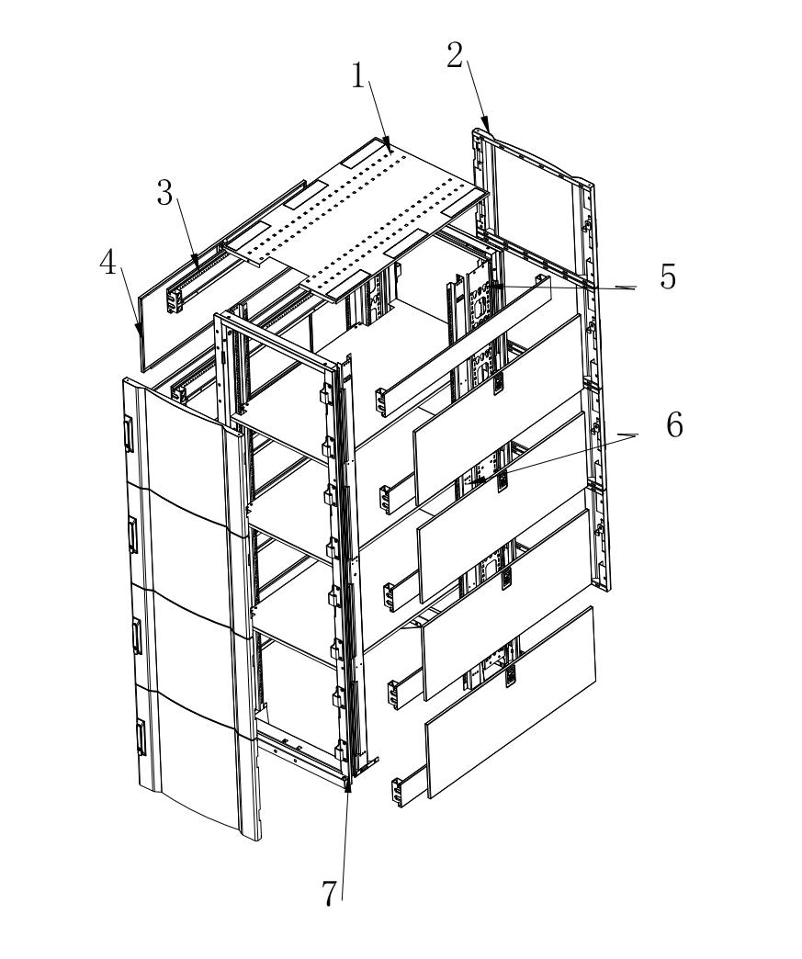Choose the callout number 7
(330, 892)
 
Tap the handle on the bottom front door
(141, 738)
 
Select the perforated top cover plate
(367, 220)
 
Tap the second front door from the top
(184, 542)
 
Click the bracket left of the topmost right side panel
(381, 401)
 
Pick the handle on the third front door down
(138, 637)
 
